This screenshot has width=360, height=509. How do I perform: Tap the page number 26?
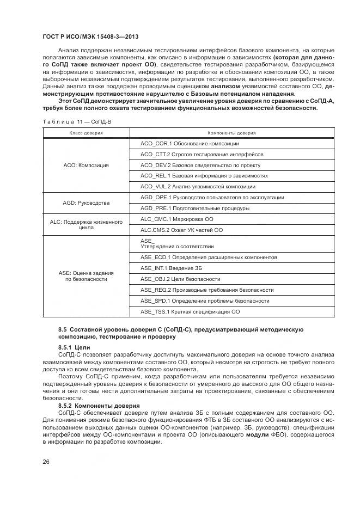pyautogui.click(x=45, y=463)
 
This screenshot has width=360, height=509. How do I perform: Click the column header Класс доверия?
pyautogui.click(x=86, y=133)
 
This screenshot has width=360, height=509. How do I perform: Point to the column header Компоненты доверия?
pyautogui.click(x=231, y=133)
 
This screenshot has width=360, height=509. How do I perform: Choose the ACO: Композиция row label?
pyautogui.click(x=86, y=165)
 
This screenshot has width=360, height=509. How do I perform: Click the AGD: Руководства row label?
pyautogui.click(x=86, y=203)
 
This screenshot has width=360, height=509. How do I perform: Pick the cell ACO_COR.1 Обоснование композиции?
pyautogui.click(x=190, y=143)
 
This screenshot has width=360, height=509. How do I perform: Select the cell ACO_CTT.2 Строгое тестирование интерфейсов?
pyautogui.click(x=202, y=154)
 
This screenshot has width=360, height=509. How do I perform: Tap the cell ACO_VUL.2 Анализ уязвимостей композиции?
pyautogui.click(x=193, y=186)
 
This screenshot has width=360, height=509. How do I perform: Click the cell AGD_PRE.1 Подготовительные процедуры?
pyautogui.click(x=194, y=208)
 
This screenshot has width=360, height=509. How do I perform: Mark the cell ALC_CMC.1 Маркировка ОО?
pyautogui.click(x=177, y=219)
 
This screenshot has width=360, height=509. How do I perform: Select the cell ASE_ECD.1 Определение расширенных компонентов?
pyautogui.click(x=209, y=257)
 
